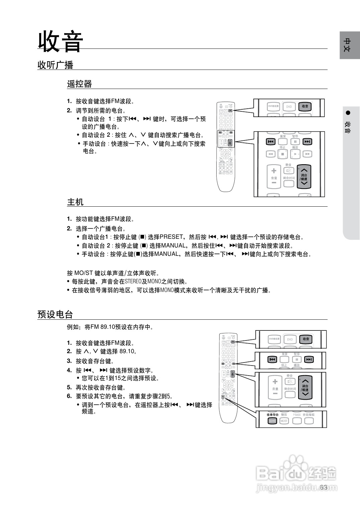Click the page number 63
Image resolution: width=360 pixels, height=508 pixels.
click(x=323, y=487)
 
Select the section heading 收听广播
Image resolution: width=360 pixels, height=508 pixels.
click(x=55, y=65)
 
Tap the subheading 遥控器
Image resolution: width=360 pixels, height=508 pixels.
click(x=79, y=84)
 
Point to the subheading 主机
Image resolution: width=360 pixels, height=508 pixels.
click(x=75, y=202)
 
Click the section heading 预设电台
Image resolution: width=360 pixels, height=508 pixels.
click(x=55, y=314)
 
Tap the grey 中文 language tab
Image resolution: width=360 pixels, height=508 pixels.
click(x=349, y=45)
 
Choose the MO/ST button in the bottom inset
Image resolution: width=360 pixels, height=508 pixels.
click(x=284, y=421)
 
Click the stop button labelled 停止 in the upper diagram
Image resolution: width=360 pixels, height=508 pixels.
click(x=282, y=154)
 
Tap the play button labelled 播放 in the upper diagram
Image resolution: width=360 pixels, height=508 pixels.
click(x=295, y=154)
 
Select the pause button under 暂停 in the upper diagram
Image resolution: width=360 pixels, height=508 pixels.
click(x=295, y=142)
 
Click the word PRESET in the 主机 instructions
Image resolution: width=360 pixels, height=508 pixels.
click(x=171, y=237)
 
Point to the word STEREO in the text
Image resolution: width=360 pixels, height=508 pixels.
click(x=133, y=281)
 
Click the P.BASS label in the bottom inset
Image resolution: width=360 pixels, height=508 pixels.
click(x=297, y=415)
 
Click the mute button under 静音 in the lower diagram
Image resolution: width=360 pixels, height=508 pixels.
click(x=290, y=382)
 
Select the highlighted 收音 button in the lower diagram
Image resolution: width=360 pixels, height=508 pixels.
click(x=306, y=339)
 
